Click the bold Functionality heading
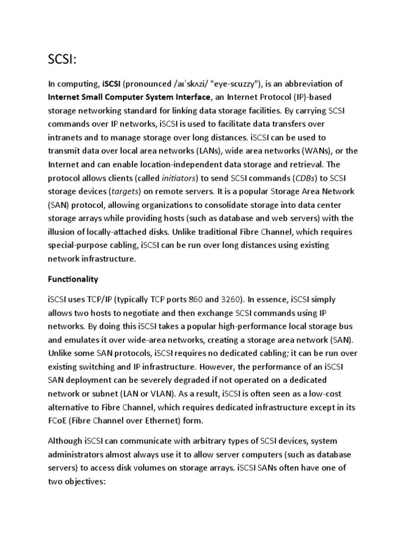[x=73, y=279]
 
